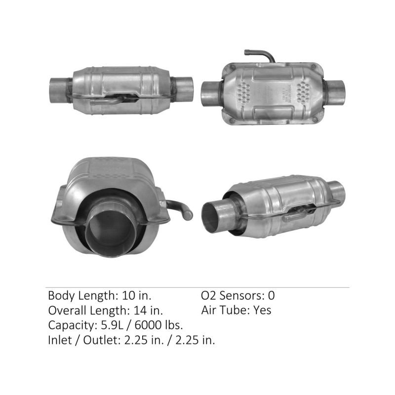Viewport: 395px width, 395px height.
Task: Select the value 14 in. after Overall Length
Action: [x=148, y=311]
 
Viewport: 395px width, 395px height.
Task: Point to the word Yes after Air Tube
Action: [x=262, y=311]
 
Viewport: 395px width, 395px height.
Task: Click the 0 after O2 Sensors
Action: [x=271, y=296]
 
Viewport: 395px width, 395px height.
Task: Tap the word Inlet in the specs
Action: [x=59, y=340]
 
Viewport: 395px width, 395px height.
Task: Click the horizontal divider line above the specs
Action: [x=197, y=287]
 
